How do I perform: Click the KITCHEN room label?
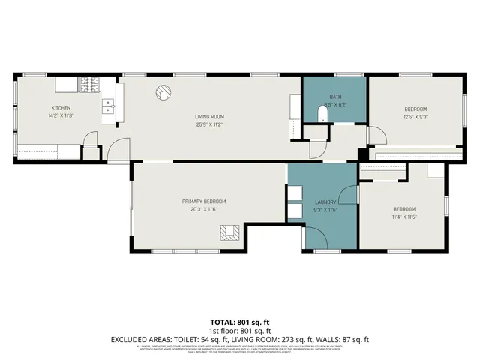61,108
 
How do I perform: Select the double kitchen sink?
108,109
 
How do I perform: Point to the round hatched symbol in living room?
163,93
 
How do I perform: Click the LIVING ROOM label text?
210,116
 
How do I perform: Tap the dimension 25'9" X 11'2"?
210,124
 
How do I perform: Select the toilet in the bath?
322,114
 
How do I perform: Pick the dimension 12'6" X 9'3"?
415,116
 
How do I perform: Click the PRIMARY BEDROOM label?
204,201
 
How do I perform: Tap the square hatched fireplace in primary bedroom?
231,232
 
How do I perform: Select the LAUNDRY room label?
325,201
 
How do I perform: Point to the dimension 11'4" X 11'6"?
404,217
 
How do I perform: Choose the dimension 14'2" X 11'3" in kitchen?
61,116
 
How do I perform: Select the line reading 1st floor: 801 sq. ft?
239,331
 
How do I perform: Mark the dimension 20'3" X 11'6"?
204,209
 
